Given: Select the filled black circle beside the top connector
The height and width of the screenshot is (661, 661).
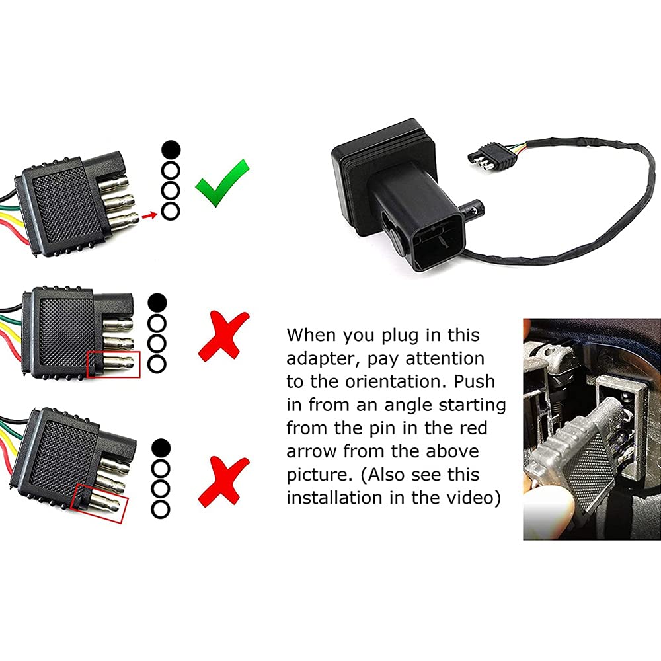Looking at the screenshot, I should pyautogui.click(x=170, y=150).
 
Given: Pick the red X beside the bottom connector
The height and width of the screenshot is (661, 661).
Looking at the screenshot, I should pyautogui.click(x=225, y=480).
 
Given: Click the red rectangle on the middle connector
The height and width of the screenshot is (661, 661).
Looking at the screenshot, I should pyautogui.click(x=114, y=364).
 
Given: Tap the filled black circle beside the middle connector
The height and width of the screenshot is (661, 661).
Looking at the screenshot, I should pyautogui.click(x=157, y=303).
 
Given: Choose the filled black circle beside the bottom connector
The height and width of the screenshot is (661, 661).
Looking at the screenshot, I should pyautogui.click(x=159, y=448).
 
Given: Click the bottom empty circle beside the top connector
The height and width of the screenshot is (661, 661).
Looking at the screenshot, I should pyautogui.click(x=170, y=212).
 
